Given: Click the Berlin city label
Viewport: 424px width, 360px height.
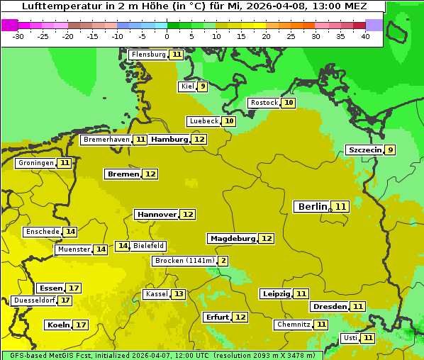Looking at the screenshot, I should coord(313,207).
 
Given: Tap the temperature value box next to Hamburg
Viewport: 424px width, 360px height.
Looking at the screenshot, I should coord(199,140).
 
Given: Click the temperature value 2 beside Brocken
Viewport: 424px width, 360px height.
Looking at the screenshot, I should coord(223,261).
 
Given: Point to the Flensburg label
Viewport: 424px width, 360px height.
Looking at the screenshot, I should coord(148,55).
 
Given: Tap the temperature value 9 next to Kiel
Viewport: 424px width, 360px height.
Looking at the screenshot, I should coord(202,86).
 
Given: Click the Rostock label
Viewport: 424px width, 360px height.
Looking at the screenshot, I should coord(264,103).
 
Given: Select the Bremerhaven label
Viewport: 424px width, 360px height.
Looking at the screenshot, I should coord(106,140).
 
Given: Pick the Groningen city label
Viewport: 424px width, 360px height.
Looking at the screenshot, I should coord(35,163).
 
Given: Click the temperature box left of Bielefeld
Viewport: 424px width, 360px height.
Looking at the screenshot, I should coord(122,246).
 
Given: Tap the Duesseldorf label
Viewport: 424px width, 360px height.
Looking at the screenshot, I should coord(34,300).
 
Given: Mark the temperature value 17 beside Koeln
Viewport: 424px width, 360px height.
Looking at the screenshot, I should coord(80,325).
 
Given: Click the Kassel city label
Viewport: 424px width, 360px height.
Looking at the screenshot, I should coord(156,294).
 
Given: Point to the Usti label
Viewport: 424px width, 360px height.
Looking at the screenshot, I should coord(350,338).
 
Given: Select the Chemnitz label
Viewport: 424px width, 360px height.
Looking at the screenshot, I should coord(293,325).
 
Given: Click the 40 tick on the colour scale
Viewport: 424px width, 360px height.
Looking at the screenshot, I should coord(365,36).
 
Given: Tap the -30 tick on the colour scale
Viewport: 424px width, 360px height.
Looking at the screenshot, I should coord(18,36).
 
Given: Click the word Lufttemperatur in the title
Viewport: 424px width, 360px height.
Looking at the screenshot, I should coord(57,6).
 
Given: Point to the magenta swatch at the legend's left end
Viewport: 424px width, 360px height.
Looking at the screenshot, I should coord(9,24).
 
